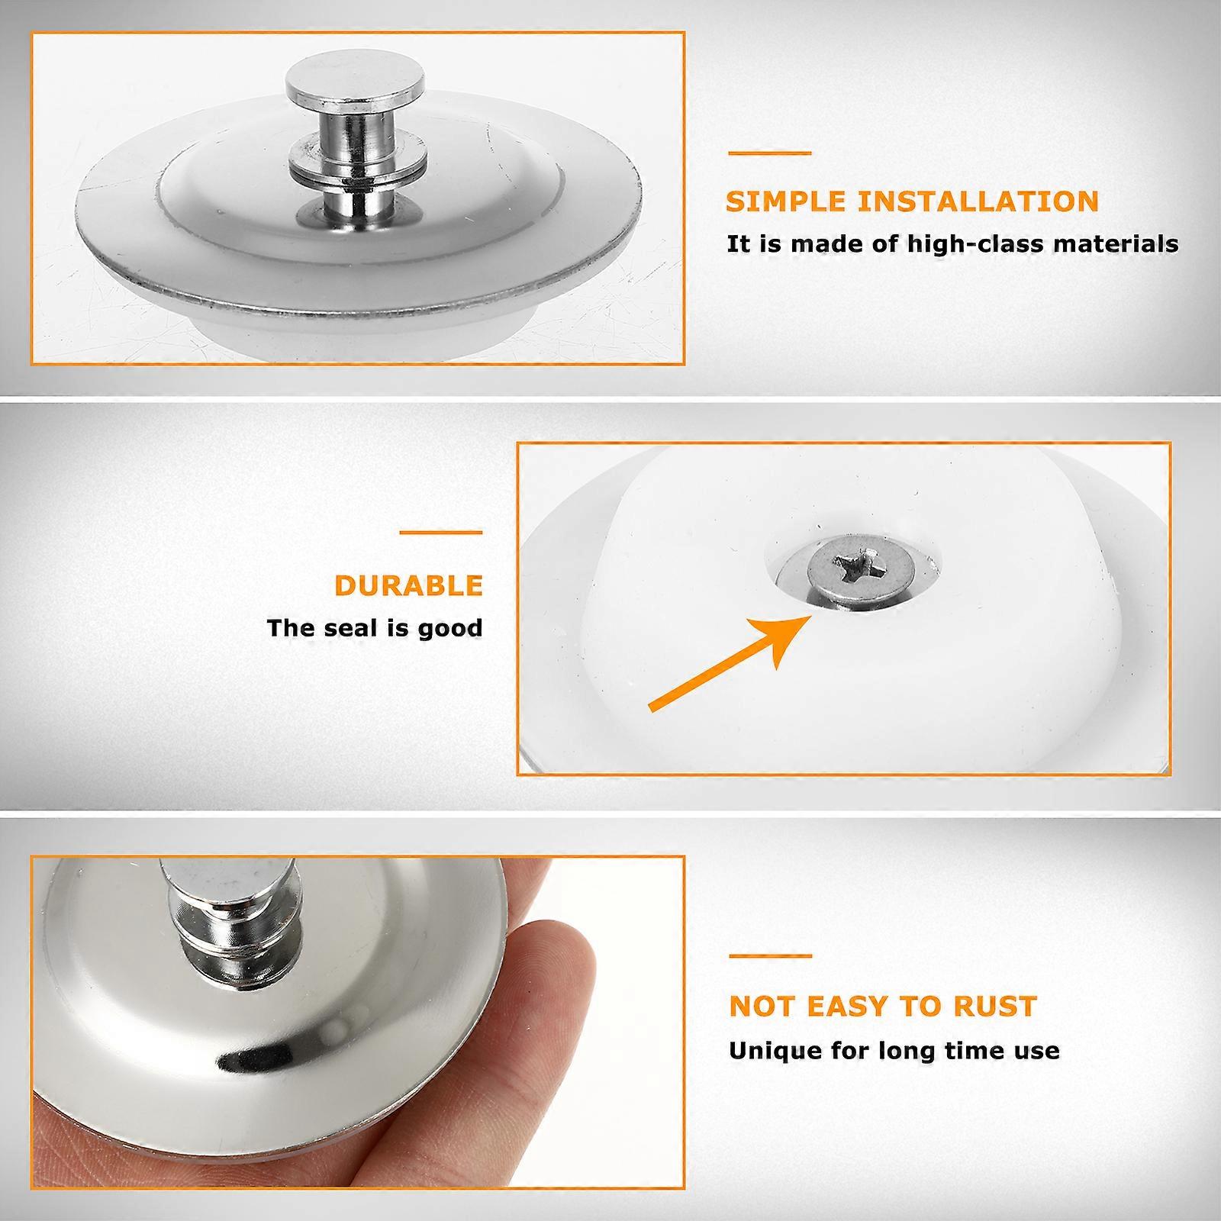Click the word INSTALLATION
[978, 202]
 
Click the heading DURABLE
[409, 586]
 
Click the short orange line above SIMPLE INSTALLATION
[769, 153]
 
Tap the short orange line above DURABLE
[441, 533]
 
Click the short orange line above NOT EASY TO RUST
[771, 955]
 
